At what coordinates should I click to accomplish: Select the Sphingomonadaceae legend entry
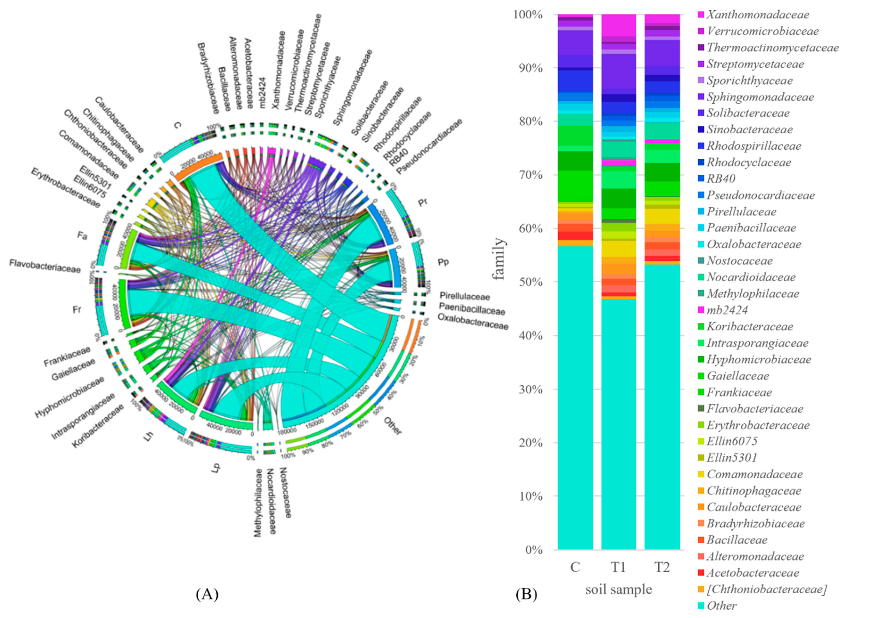point(760,97)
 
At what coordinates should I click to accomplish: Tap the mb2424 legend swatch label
point(727,310)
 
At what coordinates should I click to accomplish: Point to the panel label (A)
point(207,594)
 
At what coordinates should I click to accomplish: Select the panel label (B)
point(526,594)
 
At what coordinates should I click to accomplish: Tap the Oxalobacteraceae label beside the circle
point(473,322)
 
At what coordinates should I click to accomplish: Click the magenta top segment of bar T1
point(618,25)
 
